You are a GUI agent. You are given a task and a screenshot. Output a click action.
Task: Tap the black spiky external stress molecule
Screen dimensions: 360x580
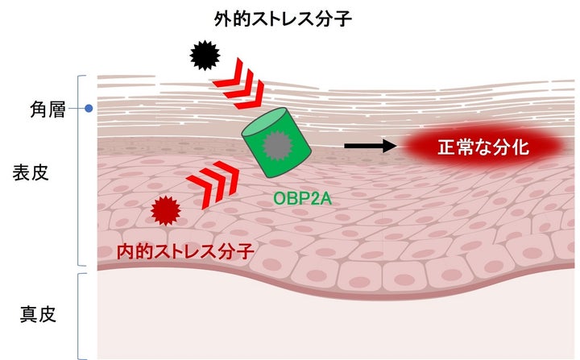pos(205,55)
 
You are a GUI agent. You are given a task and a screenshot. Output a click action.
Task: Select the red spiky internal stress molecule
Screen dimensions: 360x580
pos(165,211)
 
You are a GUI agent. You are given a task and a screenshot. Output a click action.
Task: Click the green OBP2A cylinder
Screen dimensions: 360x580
pos(276,143)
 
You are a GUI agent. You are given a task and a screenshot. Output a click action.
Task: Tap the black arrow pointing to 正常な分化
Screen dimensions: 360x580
pos(370,146)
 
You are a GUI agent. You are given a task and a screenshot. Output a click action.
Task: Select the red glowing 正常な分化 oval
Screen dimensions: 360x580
pos(481,147)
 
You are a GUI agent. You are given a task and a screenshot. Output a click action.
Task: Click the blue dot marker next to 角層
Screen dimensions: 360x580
pos(89,108)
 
